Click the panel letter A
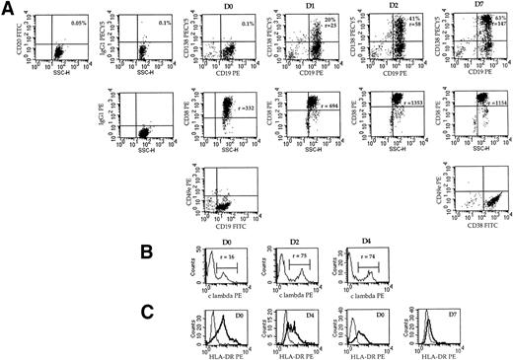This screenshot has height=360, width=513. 8,9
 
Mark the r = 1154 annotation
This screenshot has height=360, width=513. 490,101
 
